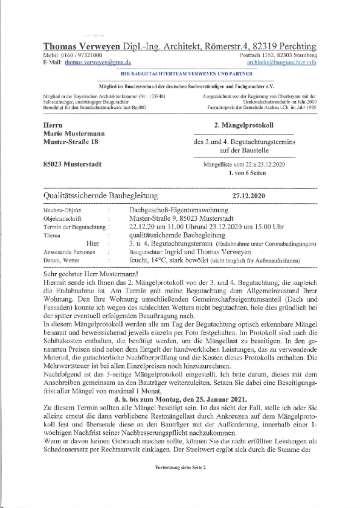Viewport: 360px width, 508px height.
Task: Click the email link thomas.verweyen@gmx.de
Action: pyautogui.click(x=98, y=62)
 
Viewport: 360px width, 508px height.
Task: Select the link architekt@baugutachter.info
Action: pyautogui.click(x=282, y=62)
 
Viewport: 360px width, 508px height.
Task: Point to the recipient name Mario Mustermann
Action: pyautogui.click(x=74, y=133)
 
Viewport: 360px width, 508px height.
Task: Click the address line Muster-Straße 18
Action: pyautogui.click(x=71, y=142)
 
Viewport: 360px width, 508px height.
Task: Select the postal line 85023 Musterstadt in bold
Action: pyautogui.click(x=72, y=164)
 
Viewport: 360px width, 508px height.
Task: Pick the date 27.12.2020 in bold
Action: pyautogui.click(x=249, y=196)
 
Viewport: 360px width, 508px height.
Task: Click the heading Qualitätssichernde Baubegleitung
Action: pyautogui.click(x=101, y=196)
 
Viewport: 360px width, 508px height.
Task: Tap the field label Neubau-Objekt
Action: pyautogui.click(x=62, y=210)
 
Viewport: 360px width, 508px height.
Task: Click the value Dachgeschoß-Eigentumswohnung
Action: pyautogui.click(x=179, y=210)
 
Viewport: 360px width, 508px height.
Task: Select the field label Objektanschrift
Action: pyautogui.click(x=62, y=219)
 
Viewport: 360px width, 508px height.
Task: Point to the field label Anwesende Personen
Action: pyautogui.click(x=69, y=252)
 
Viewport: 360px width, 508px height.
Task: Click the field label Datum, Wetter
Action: pyautogui.click(x=61, y=261)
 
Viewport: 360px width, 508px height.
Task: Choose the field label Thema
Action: pyautogui.click(x=52, y=235)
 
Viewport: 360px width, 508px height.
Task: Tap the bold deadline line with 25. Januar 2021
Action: pyautogui.click(x=180, y=399)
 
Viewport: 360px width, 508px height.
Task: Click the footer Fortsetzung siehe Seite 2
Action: pyautogui.click(x=180, y=468)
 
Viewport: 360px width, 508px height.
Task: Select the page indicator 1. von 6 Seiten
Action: pyautogui.click(x=247, y=173)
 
